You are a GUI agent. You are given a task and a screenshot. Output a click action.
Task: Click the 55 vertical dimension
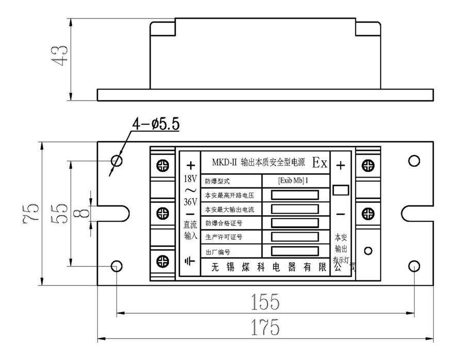[61, 212]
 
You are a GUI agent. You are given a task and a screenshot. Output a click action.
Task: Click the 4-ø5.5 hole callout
[155, 124]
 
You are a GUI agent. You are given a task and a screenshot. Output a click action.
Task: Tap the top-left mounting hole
[117, 161]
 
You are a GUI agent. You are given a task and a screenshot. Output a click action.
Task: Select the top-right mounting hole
[413, 161]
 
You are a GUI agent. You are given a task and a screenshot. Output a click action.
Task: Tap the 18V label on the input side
[190, 179]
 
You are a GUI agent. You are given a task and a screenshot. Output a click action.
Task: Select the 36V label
[190, 202]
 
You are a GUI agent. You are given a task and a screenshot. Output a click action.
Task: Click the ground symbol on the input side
[190, 261]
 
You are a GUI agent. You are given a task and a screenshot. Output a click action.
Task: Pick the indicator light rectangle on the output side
[341, 190]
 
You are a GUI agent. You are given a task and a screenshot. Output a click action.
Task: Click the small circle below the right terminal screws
[368, 251]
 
